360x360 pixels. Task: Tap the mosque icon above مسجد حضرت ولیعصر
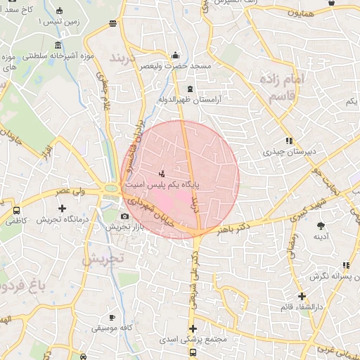[175, 56]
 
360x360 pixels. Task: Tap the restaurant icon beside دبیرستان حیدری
[289, 141]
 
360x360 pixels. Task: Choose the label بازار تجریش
[124, 226]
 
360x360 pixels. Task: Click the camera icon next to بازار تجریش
[124, 216]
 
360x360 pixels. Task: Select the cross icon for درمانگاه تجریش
[63, 209]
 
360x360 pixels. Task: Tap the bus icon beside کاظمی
[16, 210]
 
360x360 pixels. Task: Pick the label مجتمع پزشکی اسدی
[198, 340]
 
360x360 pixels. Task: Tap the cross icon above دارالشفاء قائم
[302, 296]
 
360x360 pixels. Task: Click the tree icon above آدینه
[321, 226]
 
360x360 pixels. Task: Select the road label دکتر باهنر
[236, 229]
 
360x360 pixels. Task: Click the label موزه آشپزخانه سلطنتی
[57, 56]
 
